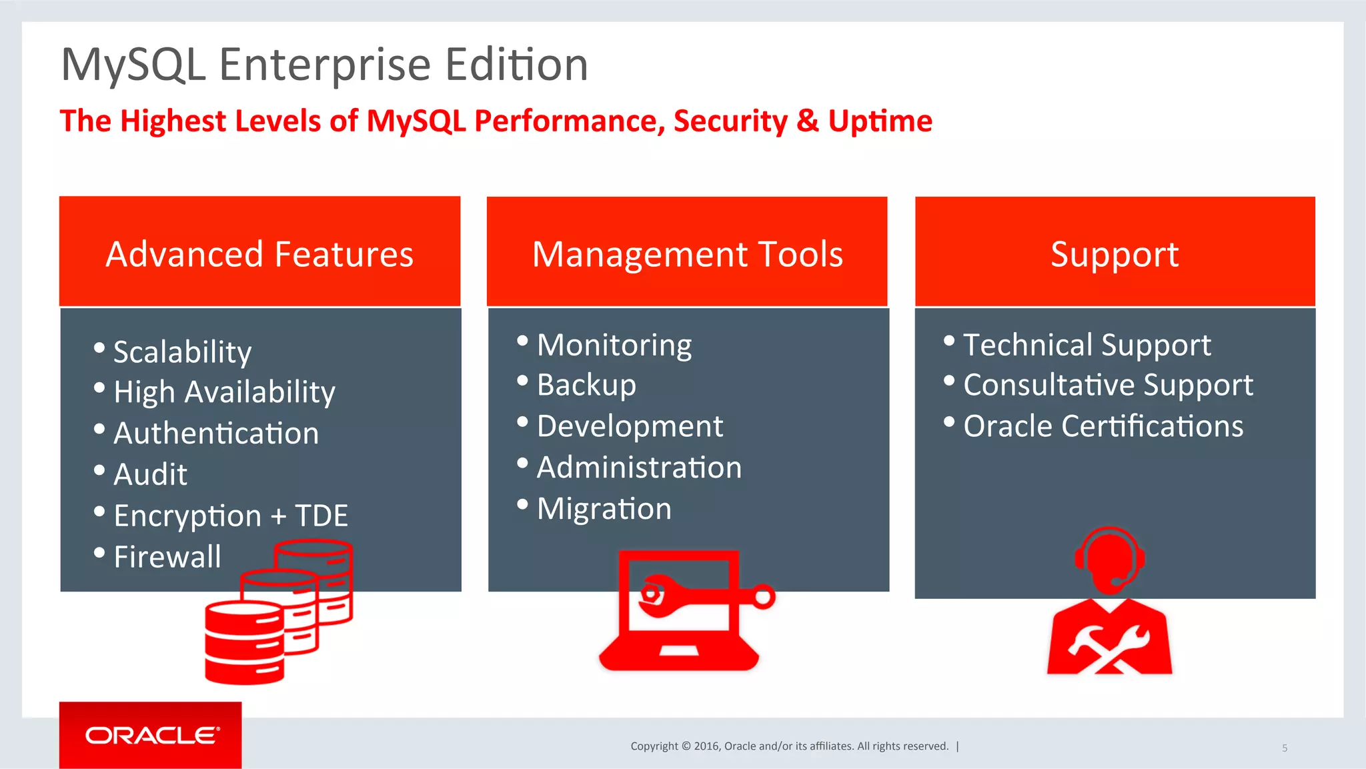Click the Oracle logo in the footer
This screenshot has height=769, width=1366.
pyautogui.click(x=151, y=735)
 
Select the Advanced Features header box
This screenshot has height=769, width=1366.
pyautogui.click(x=259, y=252)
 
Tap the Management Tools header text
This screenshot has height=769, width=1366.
pyautogui.click(x=687, y=255)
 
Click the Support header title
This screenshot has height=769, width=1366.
pyautogui.click(x=1115, y=255)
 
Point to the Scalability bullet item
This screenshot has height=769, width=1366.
pyautogui.click(x=182, y=351)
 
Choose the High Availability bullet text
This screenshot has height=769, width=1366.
pyautogui.click(x=224, y=392)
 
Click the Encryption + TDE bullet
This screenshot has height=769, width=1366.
pyautogui.click(x=231, y=516)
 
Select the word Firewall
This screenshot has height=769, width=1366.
pyautogui.click(x=167, y=556)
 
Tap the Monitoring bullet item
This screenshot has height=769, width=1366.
pyautogui.click(x=614, y=345)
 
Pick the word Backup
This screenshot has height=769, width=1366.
pyautogui.click(x=586, y=385)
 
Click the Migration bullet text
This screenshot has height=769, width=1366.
pyautogui.click(x=604, y=508)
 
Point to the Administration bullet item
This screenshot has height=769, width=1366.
pyautogui.click(x=639, y=467)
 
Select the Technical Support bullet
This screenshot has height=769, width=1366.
pyautogui.click(x=1087, y=345)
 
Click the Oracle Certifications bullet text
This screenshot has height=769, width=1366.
pyautogui.click(x=1103, y=426)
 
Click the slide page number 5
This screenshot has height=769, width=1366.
pyautogui.click(x=1285, y=748)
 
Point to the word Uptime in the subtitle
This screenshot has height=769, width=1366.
pyautogui.click(x=880, y=121)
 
